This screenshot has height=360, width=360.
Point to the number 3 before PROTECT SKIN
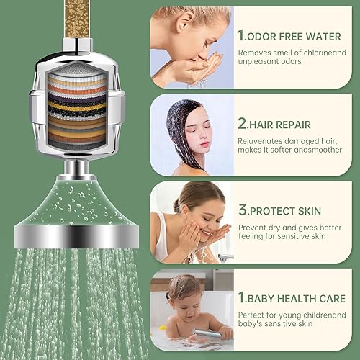(243, 212)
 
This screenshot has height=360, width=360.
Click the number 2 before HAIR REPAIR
(243, 122)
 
